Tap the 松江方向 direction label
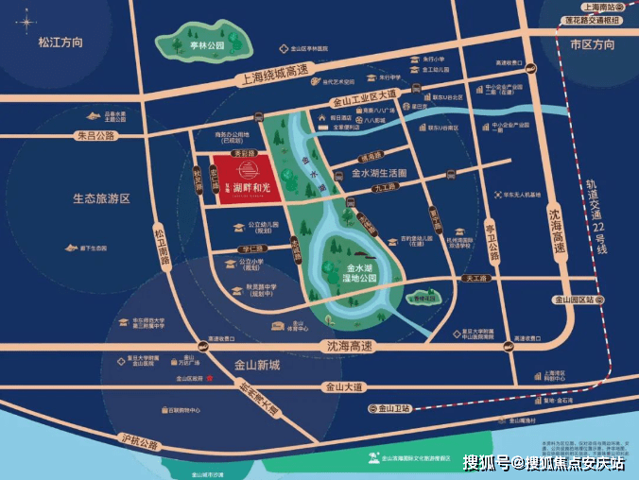[x=60, y=43]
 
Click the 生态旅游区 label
[x=101, y=198]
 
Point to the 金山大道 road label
[x=343, y=386]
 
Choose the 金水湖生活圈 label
[x=378, y=174]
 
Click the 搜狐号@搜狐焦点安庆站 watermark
[x=543, y=462]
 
